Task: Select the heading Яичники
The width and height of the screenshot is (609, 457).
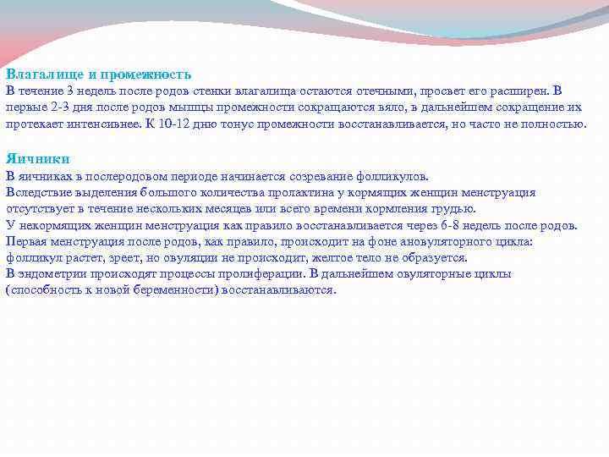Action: (x=37, y=158)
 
